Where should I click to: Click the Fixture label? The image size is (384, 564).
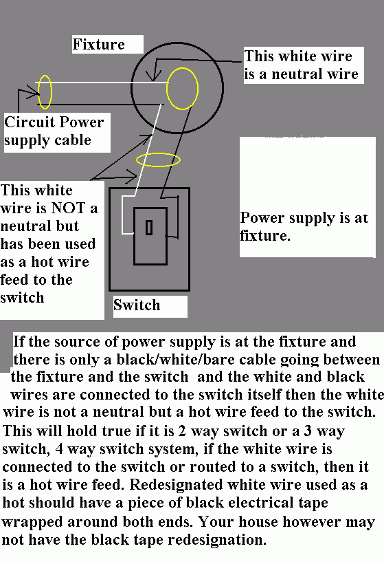tap(99, 44)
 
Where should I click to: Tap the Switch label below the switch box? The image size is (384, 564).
tap(137, 305)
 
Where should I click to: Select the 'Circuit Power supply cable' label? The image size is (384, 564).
tap(54, 131)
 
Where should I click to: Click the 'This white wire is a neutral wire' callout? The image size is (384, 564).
tap(301, 65)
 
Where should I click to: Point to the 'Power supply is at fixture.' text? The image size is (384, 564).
tap(304, 226)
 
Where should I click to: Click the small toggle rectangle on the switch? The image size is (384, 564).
tap(149, 228)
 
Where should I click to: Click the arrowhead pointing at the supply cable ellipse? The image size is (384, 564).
tap(34, 93)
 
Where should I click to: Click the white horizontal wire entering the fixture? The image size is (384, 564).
tap(102, 83)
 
